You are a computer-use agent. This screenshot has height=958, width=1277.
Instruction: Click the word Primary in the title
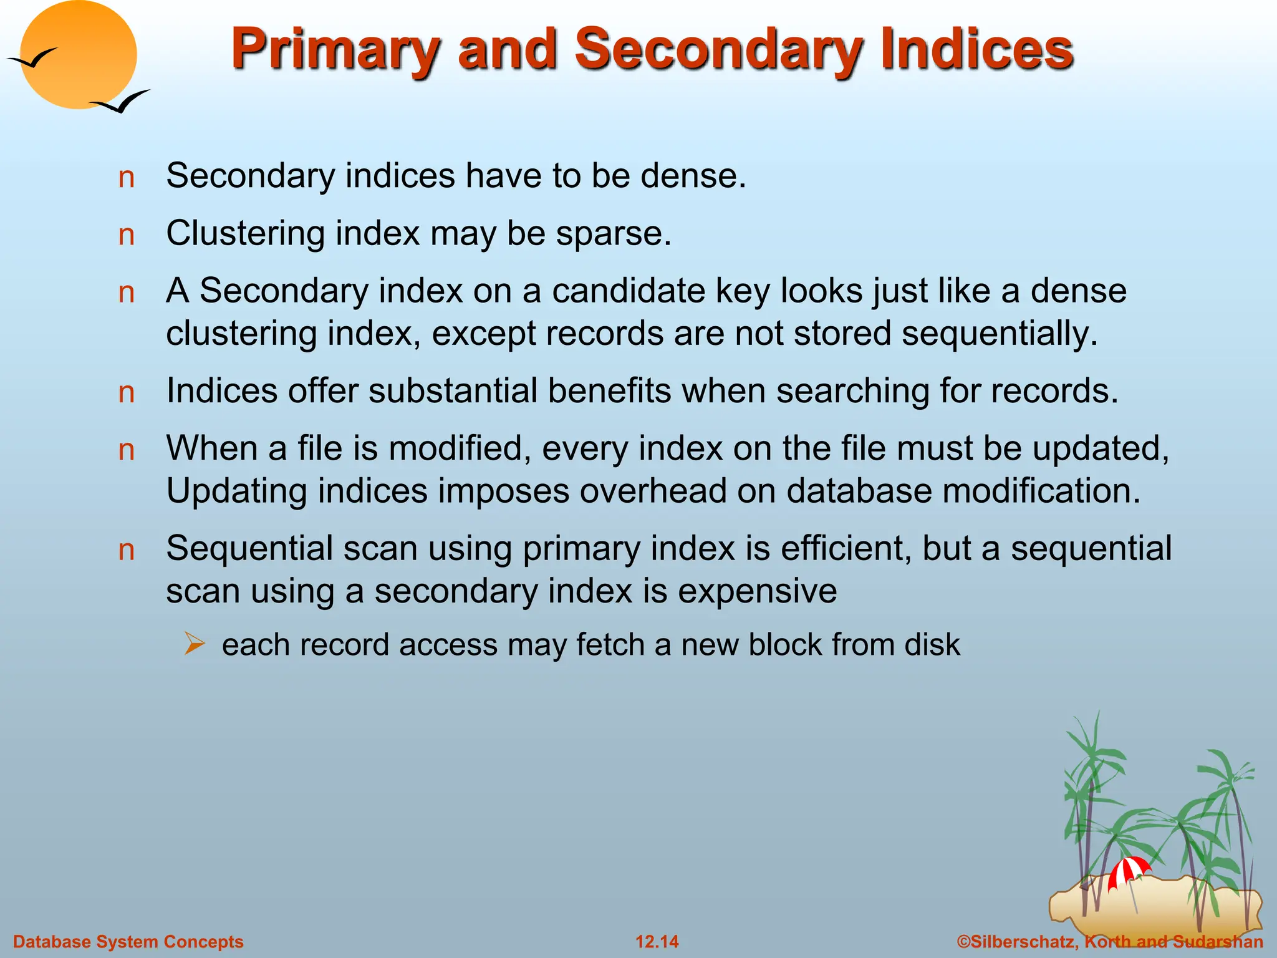coord(335,50)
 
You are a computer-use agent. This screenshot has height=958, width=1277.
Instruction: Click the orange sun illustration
coord(79,55)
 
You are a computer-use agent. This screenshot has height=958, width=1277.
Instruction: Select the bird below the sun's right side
coord(122,102)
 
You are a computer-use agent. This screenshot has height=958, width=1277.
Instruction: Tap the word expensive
coord(757,591)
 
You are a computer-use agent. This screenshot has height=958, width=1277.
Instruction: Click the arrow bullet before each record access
coord(195,644)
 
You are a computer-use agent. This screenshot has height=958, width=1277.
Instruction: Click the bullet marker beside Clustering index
coord(127,236)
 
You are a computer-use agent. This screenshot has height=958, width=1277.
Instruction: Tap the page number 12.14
coord(657,942)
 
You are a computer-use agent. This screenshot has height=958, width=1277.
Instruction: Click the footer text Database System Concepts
coord(128,942)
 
